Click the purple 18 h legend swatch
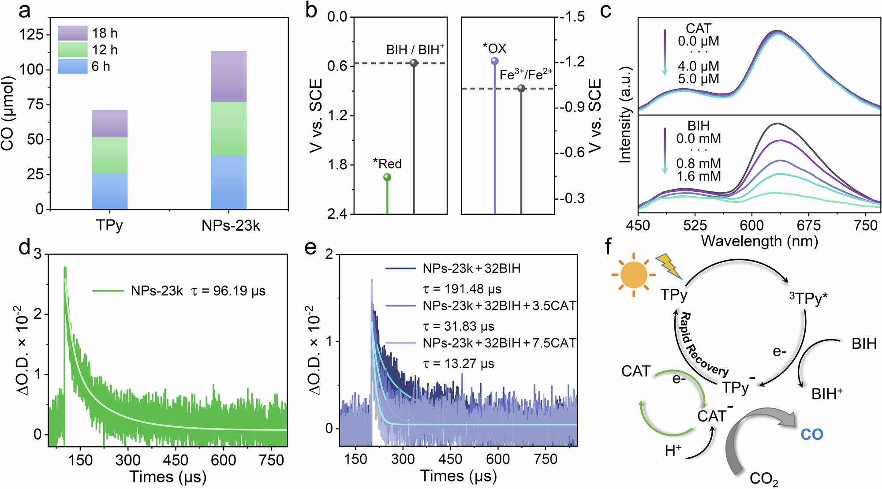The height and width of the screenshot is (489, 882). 72,33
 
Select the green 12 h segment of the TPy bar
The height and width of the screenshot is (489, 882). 109,155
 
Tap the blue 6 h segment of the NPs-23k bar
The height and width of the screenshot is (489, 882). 228,182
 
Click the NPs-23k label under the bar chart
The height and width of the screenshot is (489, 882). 231,226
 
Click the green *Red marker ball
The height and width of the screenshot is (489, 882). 387,177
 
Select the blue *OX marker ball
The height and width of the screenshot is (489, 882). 494,61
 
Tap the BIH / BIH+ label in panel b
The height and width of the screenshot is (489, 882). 415,50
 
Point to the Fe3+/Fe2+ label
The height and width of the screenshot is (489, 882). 526,75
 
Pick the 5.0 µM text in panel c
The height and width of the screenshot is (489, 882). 698,79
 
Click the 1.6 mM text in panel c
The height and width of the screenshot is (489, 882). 698,176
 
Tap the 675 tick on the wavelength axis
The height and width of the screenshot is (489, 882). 808,226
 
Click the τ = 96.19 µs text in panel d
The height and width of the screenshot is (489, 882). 228,291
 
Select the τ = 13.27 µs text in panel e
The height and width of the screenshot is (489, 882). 459,364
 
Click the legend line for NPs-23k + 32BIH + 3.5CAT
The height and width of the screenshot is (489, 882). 400,306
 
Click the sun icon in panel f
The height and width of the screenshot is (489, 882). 633,274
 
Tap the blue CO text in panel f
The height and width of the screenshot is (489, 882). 811,435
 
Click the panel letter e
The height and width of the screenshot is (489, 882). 310,248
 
